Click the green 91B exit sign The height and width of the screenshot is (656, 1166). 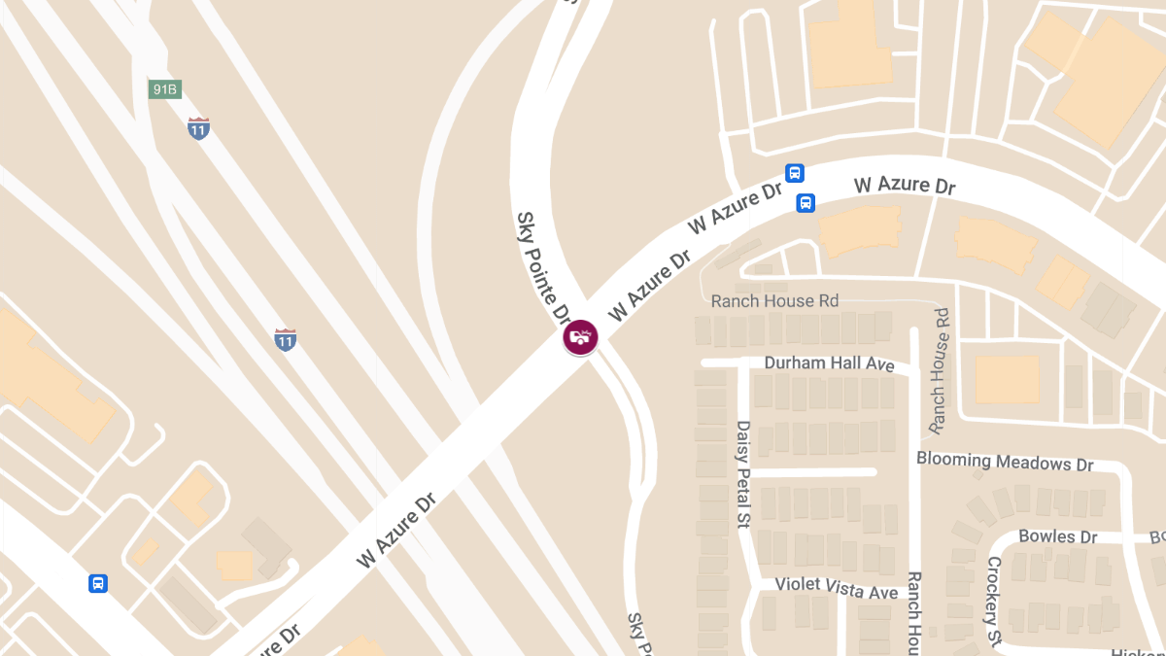coord(164,89)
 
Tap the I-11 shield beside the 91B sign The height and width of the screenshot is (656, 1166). coord(198,128)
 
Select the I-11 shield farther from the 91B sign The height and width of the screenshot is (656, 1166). coord(285,339)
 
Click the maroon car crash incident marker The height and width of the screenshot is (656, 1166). coord(580,337)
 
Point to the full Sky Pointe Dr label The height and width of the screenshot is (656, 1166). coord(543,267)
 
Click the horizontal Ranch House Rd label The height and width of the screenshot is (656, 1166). coord(774,301)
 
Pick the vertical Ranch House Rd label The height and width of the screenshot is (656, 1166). coord(940,370)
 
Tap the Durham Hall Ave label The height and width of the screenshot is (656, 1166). coord(829,363)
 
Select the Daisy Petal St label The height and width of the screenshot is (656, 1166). coord(743,474)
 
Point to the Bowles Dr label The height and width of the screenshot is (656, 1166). coord(1057,536)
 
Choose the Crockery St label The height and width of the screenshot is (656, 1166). coord(994,601)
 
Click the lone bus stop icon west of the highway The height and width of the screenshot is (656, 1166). coord(98,583)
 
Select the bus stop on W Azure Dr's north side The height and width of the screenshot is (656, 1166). coord(795,173)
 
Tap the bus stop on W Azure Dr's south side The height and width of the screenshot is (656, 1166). coord(806,202)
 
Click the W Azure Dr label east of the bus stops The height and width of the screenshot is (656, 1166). coord(905,185)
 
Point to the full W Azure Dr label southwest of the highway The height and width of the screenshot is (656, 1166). coord(395,530)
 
